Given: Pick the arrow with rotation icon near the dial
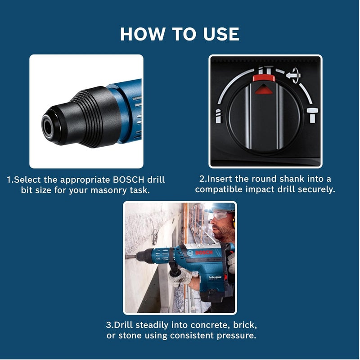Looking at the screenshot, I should coord(293,76).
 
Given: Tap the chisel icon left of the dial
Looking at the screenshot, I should coord(218,116).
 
